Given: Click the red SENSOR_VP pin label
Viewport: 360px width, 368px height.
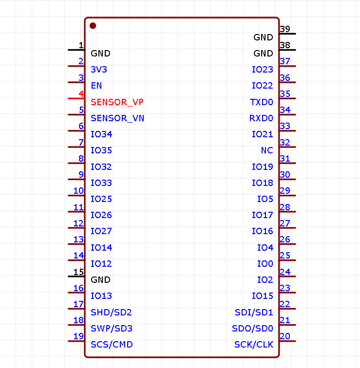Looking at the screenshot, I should pos(117,102).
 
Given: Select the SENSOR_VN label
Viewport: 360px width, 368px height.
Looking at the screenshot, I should pos(117,118).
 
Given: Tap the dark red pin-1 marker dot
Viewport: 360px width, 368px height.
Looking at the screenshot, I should pos(93,25).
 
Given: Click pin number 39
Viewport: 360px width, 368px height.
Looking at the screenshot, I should pos(285,29).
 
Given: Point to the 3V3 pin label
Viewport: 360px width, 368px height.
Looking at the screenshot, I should pos(99,70).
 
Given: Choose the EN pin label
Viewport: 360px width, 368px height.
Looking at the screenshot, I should pos(96,86).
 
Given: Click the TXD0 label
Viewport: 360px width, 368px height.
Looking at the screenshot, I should pos(261,102).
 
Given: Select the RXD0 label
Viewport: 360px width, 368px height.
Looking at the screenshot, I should pos(261,118).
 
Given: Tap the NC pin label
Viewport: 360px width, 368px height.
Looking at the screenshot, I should pos(267,150).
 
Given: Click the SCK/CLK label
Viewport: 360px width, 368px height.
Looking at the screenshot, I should pos(254,345).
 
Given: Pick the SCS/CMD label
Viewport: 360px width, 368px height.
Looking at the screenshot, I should pos(112,345).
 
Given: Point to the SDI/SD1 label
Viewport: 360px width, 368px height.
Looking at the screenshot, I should pos(254,312).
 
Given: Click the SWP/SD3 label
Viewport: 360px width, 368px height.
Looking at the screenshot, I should pos(112,329).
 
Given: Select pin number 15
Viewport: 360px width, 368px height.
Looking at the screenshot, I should pos(78,272).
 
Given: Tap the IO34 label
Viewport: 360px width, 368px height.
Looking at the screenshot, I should pos(101,134).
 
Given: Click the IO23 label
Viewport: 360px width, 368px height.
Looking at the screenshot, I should pos(263,70).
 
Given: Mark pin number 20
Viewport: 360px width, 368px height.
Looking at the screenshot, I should pos(285,336).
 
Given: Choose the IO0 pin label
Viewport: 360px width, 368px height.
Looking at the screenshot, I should pos(265,264).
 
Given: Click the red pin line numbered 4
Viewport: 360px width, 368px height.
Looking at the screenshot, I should pos(76,98).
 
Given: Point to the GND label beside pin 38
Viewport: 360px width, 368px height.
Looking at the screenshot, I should pos(263,54).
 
